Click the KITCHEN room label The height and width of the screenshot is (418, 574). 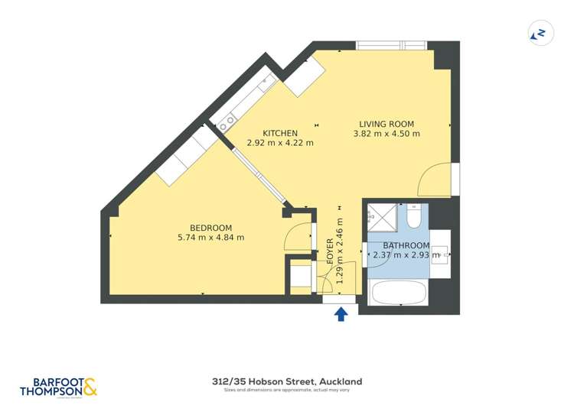(280, 133)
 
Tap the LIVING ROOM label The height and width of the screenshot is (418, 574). (386, 124)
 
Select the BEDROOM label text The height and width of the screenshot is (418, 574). (210, 228)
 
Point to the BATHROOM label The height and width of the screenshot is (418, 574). (406, 245)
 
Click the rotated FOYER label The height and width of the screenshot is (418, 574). (331, 251)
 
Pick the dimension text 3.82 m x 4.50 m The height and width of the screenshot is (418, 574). (386, 134)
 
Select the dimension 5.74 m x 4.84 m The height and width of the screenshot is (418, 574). (210, 238)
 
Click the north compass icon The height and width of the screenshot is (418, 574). (541, 33)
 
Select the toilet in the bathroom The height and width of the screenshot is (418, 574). (414, 218)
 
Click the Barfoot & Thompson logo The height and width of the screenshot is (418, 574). (59, 386)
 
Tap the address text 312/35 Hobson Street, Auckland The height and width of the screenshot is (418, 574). (287, 381)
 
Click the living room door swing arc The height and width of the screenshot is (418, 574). (432, 180)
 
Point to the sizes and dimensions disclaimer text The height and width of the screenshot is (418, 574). (287, 390)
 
